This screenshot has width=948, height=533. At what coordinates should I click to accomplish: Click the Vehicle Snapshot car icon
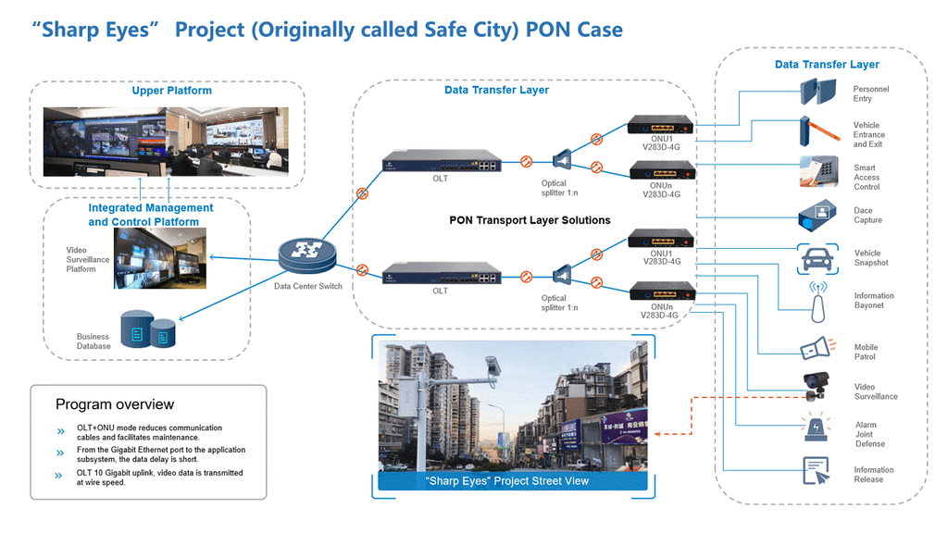tap(817, 258)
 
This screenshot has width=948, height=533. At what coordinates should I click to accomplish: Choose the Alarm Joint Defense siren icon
tap(817, 430)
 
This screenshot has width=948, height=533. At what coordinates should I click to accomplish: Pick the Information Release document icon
tap(817, 471)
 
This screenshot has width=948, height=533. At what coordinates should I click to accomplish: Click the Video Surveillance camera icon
tap(817, 385)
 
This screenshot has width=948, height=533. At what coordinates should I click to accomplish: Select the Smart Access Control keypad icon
tap(817, 173)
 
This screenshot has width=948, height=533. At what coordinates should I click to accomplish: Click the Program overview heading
tap(115, 404)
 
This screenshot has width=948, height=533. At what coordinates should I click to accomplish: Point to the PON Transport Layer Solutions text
tap(530, 220)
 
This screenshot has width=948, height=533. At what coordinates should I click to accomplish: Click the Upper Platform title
tap(172, 91)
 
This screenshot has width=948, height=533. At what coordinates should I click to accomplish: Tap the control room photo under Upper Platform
tap(167, 141)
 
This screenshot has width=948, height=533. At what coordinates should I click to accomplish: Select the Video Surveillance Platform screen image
tap(159, 256)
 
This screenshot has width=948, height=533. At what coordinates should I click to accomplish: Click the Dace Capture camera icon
tap(817, 216)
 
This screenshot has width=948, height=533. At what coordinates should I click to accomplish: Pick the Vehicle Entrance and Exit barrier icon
tap(817, 131)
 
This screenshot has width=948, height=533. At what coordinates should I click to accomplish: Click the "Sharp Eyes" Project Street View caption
tap(506, 481)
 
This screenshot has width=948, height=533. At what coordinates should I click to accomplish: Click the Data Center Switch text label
tap(308, 286)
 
